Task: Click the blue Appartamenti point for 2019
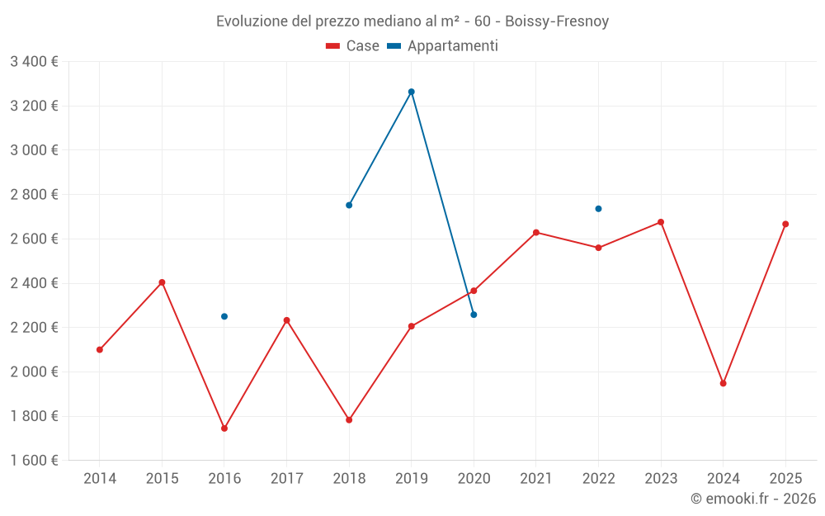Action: click(x=411, y=92)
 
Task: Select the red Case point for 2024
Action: click(x=723, y=383)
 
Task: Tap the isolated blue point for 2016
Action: click(x=224, y=316)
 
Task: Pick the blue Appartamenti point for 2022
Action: click(x=598, y=209)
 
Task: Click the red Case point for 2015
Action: click(x=162, y=282)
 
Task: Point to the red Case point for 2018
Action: click(x=349, y=420)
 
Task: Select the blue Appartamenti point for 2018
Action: click(x=349, y=205)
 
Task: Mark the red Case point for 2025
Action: click(x=785, y=224)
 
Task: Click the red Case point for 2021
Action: click(x=536, y=233)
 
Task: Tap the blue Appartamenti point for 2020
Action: click(x=474, y=315)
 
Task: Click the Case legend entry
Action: click(x=353, y=46)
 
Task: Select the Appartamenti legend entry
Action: click(x=443, y=46)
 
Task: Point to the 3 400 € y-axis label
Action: click(x=34, y=61)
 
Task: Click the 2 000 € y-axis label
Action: click(x=34, y=372)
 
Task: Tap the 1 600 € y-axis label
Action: click(x=34, y=461)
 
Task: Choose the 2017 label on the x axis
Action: click(x=286, y=478)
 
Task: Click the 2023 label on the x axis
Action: click(x=661, y=478)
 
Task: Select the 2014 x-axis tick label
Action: click(x=100, y=478)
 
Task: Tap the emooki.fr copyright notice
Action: click(x=753, y=499)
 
